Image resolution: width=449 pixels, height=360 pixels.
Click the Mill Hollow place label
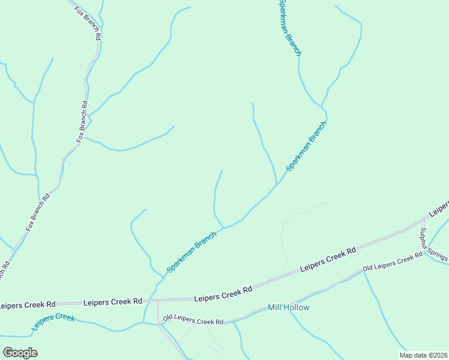coord(289,308)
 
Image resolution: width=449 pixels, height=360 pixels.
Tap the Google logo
coord(20,352)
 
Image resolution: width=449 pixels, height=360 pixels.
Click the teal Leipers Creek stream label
coord(54,322)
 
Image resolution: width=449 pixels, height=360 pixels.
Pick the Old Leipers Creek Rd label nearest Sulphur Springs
coord(393,263)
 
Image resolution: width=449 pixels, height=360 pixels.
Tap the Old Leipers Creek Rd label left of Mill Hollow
coord(193,319)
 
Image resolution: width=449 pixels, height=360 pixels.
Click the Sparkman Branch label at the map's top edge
coord(289,28)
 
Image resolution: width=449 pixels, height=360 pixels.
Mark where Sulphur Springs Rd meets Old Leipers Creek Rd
coord(424,253)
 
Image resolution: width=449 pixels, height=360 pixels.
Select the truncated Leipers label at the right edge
coord(439,207)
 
